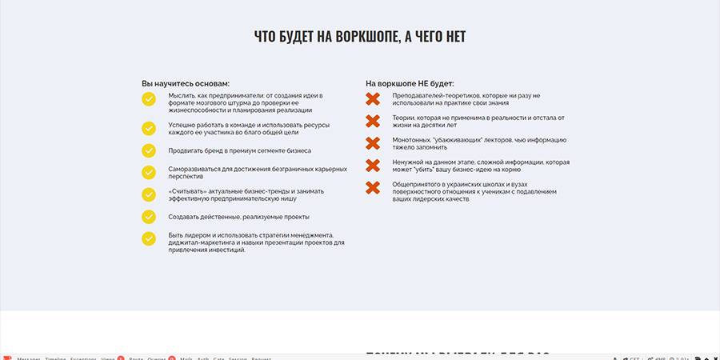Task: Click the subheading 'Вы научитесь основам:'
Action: tap(186, 83)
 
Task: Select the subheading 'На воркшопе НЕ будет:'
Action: tap(410, 83)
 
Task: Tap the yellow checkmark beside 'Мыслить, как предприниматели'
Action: tap(149, 99)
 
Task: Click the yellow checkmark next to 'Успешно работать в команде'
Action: tap(149, 128)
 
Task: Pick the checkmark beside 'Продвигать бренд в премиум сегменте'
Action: tap(149, 150)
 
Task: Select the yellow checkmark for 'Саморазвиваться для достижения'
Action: tap(149, 172)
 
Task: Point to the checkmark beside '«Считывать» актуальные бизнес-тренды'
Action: tap(149, 194)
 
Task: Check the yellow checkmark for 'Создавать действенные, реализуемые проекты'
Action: tap(149, 217)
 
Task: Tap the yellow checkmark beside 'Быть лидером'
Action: tap(149, 238)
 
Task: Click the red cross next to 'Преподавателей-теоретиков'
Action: tap(373, 99)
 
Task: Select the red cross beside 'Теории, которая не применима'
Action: tap(373, 122)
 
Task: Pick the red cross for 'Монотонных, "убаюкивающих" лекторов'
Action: tap(373, 143)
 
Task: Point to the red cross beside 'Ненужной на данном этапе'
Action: tap(373, 166)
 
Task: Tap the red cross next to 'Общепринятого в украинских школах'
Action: tap(373, 188)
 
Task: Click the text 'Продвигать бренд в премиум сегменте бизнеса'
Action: tap(240, 150)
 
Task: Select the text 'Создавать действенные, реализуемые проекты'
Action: tap(239, 217)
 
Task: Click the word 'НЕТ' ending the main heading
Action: tap(454, 37)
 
